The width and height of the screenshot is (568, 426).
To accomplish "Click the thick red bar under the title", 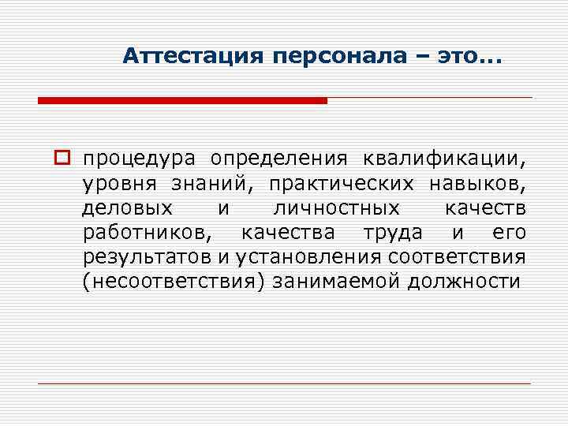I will (x=182, y=101).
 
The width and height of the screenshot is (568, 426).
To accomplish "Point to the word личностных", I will (x=335, y=209).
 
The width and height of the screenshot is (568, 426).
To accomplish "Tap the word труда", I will (x=389, y=234).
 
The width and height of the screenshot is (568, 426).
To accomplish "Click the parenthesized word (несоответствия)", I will (x=173, y=283).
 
